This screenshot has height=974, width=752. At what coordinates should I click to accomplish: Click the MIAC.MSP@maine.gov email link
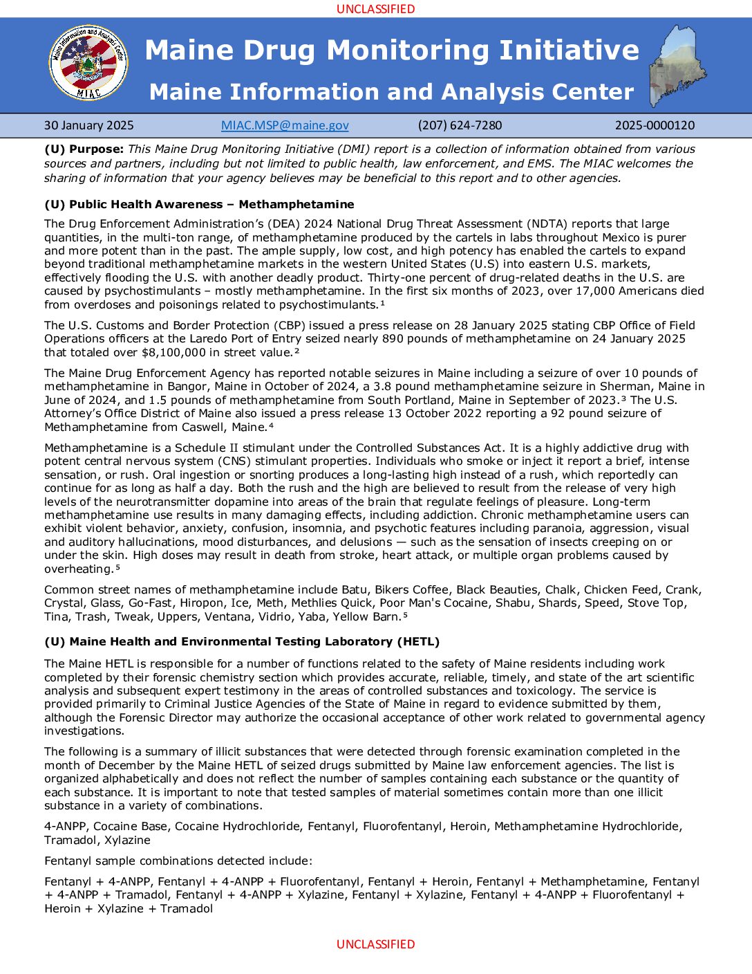point(285,125)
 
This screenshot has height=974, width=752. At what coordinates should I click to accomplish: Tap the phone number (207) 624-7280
point(460,125)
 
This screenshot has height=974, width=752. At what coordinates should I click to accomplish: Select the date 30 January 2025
point(89,125)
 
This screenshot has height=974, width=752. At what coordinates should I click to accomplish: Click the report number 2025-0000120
point(655,125)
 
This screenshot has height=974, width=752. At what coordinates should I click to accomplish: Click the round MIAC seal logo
point(88,63)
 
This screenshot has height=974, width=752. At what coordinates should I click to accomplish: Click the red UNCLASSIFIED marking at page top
point(375,9)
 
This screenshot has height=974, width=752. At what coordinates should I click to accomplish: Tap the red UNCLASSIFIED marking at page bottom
point(375,944)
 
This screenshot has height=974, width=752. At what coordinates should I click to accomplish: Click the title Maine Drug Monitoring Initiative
point(392,50)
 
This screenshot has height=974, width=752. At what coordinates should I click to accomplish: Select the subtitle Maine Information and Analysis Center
point(391,92)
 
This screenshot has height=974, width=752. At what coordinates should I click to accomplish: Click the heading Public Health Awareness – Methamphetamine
point(199,205)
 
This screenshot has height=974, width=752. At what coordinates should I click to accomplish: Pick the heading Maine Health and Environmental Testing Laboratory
point(242,642)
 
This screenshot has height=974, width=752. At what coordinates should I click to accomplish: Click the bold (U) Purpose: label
point(84,149)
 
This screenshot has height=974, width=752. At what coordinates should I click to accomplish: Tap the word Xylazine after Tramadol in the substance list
point(127,840)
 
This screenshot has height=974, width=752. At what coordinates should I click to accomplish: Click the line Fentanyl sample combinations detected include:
point(178,861)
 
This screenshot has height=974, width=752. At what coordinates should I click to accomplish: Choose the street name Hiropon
point(201,603)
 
